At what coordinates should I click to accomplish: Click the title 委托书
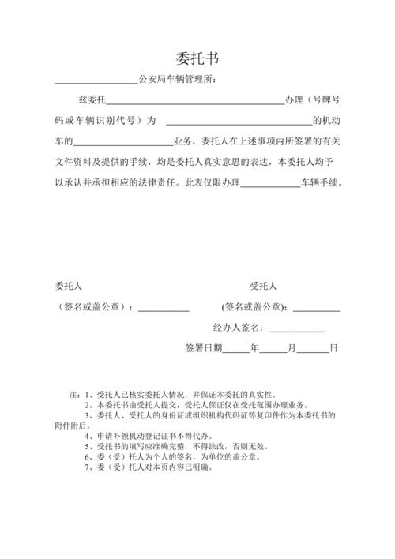click(x=197, y=58)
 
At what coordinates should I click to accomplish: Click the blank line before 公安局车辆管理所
click(x=96, y=81)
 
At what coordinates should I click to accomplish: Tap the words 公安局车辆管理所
click(x=176, y=79)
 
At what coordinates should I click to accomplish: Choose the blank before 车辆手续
click(x=269, y=183)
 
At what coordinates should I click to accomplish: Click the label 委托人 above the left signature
click(x=69, y=287)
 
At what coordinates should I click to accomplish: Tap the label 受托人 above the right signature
click(x=263, y=287)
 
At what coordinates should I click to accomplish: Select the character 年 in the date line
click(x=254, y=348)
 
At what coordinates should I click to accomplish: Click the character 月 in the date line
click(x=292, y=348)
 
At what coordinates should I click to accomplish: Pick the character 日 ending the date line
click(x=333, y=348)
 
